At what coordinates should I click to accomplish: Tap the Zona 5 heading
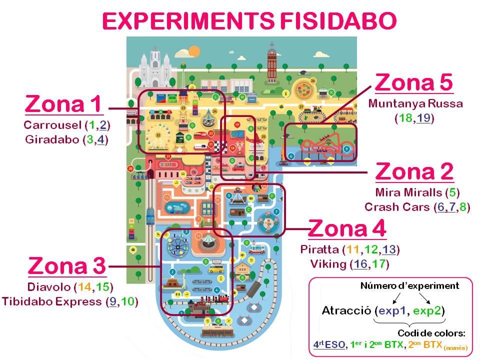coord(414,82)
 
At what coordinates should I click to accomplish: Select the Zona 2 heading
coord(414,171)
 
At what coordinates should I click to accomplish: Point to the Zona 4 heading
coord(347,229)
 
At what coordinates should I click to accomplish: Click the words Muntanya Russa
coord(415,104)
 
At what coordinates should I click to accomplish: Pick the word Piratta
coord(319,249)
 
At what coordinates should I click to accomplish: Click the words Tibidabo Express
coord(51,301)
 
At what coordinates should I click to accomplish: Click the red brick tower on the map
coord(272,62)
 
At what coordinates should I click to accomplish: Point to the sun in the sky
coord(193,51)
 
